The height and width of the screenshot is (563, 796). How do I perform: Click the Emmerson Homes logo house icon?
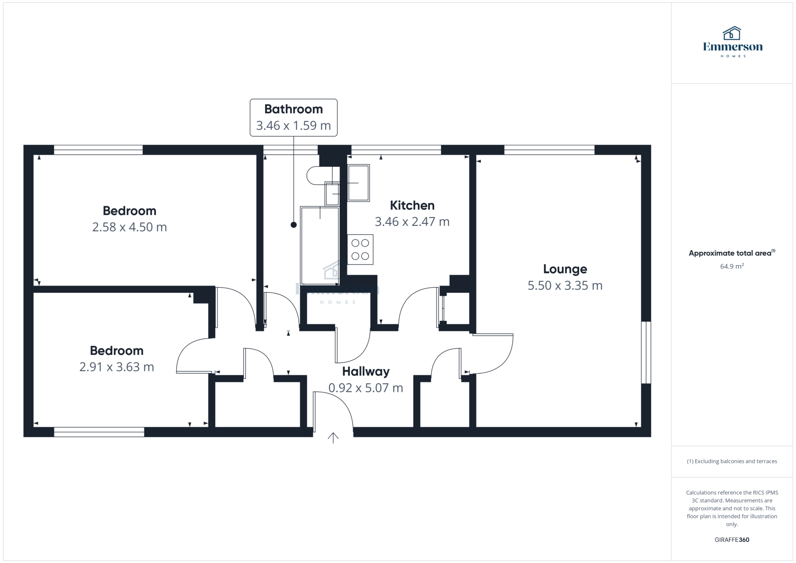732,33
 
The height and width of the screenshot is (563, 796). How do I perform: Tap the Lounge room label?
565,269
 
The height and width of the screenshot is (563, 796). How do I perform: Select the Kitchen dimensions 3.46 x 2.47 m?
412,221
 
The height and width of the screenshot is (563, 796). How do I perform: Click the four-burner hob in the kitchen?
360,249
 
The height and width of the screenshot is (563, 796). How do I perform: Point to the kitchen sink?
358,183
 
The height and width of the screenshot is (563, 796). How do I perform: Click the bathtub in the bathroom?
320,246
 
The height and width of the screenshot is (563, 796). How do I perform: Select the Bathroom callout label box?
293,118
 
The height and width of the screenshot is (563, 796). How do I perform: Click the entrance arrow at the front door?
333,438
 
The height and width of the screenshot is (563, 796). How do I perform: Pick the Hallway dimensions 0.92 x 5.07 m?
366,388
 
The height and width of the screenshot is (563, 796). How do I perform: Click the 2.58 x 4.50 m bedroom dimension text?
129,227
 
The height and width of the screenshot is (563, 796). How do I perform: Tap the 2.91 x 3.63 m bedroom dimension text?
117,367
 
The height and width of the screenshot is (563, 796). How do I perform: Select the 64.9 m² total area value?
732,266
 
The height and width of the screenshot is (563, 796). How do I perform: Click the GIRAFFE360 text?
732,540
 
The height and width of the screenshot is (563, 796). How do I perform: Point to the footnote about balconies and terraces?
732,461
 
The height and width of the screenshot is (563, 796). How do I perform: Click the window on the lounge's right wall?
646,352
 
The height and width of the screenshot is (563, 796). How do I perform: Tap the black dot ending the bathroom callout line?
294,225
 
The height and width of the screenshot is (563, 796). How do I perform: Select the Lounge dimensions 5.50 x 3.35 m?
565,286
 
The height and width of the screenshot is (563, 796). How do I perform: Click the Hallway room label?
366,371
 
